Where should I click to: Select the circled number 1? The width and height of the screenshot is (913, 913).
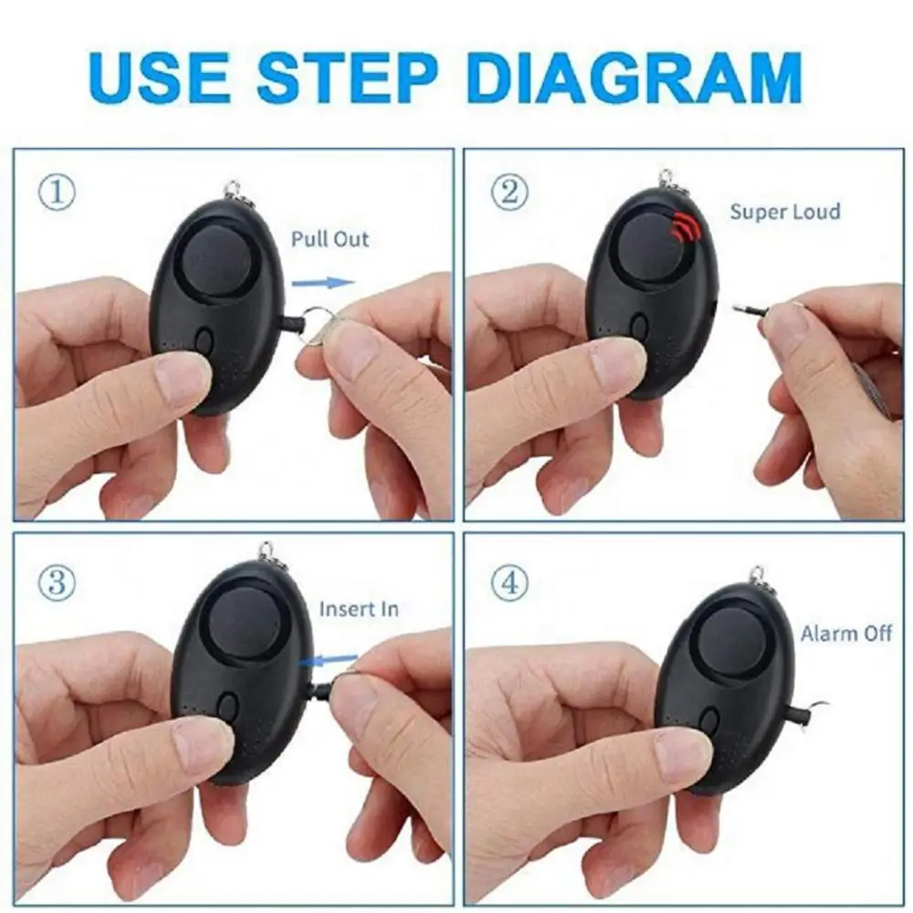tap(58, 193)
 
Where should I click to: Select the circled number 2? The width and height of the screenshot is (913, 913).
tap(509, 193)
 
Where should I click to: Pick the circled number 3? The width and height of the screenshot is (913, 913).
tap(58, 581)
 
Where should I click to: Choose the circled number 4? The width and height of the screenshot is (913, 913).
tap(509, 581)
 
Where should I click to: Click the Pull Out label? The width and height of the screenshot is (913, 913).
tap(330, 239)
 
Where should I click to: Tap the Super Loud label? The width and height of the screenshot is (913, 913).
tap(784, 212)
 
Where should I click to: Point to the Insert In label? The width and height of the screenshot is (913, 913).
tap(358, 609)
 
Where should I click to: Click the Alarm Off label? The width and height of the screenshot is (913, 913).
tap(845, 633)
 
